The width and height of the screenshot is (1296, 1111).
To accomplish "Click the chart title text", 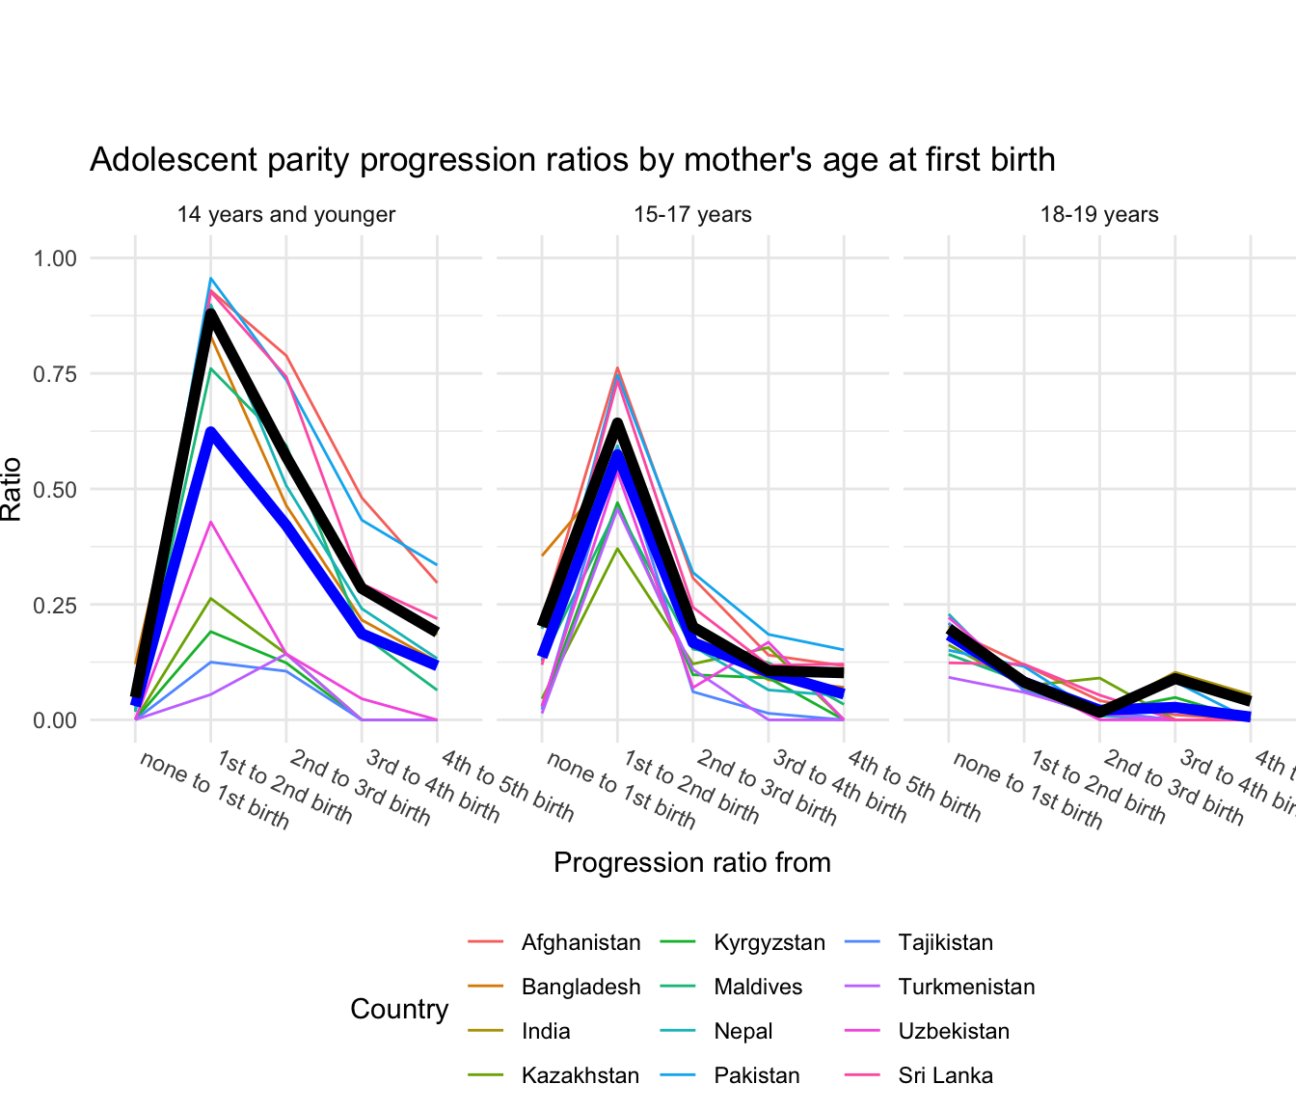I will (572, 159).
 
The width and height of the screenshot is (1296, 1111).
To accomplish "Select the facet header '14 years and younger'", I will (285, 214).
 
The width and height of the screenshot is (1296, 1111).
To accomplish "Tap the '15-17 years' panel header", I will (692, 214).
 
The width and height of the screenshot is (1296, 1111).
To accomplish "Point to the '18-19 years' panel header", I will (1099, 214).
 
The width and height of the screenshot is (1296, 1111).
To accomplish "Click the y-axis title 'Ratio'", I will (12, 489).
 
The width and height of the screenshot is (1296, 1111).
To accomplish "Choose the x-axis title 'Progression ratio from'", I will (692, 862).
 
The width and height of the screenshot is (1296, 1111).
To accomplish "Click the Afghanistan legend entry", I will (580, 942).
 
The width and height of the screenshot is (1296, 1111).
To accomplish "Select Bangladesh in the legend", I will (580, 987).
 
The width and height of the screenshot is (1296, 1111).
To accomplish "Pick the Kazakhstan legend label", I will (580, 1075).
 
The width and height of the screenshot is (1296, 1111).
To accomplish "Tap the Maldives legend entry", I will (758, 987).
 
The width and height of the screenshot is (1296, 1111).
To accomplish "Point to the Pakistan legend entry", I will (756, 1075).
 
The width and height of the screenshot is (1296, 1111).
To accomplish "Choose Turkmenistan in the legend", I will (966, 987).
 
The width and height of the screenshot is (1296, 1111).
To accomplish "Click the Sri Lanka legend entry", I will (945, 1075).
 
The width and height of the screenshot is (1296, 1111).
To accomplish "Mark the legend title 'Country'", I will (399, 1009).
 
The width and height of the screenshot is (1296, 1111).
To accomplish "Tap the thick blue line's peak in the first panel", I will (210, 433).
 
